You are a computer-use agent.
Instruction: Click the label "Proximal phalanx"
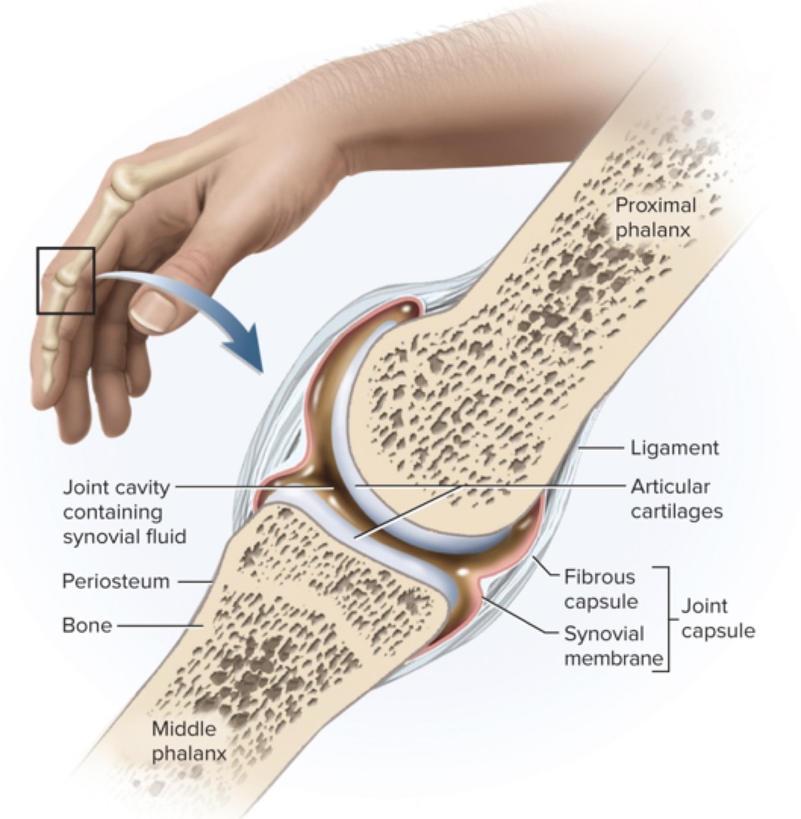655,217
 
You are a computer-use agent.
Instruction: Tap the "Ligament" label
674,448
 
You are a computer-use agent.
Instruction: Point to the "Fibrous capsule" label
599,590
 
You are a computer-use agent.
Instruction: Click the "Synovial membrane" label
604,645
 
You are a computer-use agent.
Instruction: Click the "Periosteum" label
115,581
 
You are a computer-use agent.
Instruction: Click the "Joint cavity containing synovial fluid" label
118,511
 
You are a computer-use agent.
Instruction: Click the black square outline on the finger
66,280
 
